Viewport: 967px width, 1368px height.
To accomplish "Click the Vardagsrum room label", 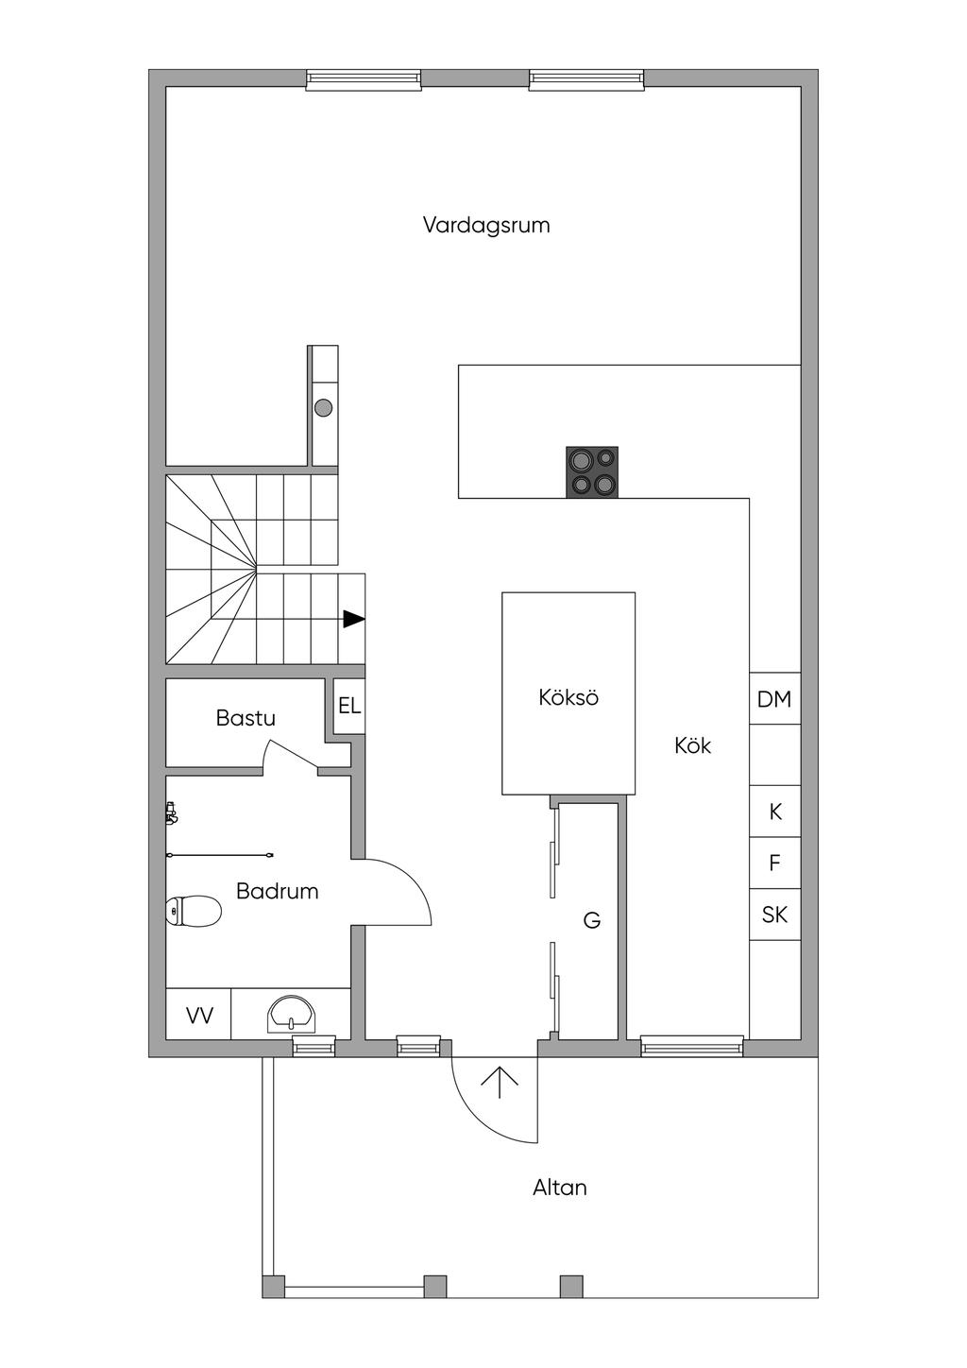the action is coord(486,226).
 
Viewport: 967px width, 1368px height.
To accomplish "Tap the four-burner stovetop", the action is coord(592,472).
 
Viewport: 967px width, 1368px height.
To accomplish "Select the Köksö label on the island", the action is coord(568,698).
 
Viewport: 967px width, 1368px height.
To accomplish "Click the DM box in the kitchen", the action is coord(774,700).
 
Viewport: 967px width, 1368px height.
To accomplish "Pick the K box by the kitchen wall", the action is coord(775,812).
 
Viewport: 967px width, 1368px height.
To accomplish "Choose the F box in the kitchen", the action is coord(775,863).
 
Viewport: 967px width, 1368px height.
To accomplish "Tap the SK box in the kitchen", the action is coord(774,915).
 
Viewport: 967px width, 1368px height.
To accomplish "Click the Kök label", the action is coord(692,745).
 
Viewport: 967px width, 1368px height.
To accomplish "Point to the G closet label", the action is coord(592,919).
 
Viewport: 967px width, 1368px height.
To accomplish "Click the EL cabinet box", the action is coord(349,706).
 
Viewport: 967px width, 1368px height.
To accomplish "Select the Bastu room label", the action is coord(246,718).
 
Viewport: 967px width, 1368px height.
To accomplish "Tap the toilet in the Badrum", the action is coord(195,912).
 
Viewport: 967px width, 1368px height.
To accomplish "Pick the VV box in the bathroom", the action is coord(199,1016).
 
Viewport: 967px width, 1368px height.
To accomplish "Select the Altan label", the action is coord(560,1188).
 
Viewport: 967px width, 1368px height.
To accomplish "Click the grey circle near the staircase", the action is coord(324,408).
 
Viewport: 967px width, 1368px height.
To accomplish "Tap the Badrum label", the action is coord(277,891).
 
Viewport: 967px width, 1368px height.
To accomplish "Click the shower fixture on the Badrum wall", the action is coord(171,812).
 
